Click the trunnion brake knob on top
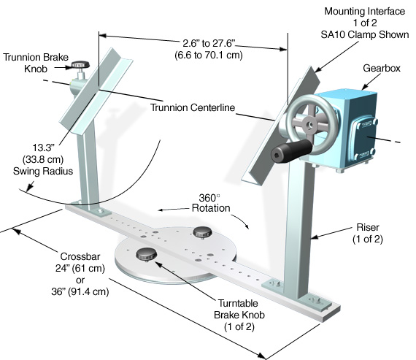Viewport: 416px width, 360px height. [x=80, y=65]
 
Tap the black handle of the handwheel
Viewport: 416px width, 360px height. [x=291, y=150]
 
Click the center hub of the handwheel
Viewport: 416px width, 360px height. [x=309, y=124]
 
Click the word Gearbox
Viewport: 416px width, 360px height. [x=382, y=68]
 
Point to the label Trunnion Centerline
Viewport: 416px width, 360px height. [x=193, y=107]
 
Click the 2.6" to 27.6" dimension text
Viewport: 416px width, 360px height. [x=209, y=43]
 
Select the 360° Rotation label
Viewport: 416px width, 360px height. [x=211, y=203]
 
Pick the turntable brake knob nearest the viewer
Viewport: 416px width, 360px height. [x=147, y=254]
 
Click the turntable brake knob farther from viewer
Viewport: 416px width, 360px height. [x=202, y=232]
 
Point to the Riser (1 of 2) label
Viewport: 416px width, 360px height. [x=368, y=233]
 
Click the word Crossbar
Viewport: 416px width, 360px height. [x=80, y=256]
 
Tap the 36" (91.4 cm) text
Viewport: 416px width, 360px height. [x=80, y=291]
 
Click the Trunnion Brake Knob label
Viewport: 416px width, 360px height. [x=36, y=63]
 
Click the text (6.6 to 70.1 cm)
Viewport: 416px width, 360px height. [x=209, y=55]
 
